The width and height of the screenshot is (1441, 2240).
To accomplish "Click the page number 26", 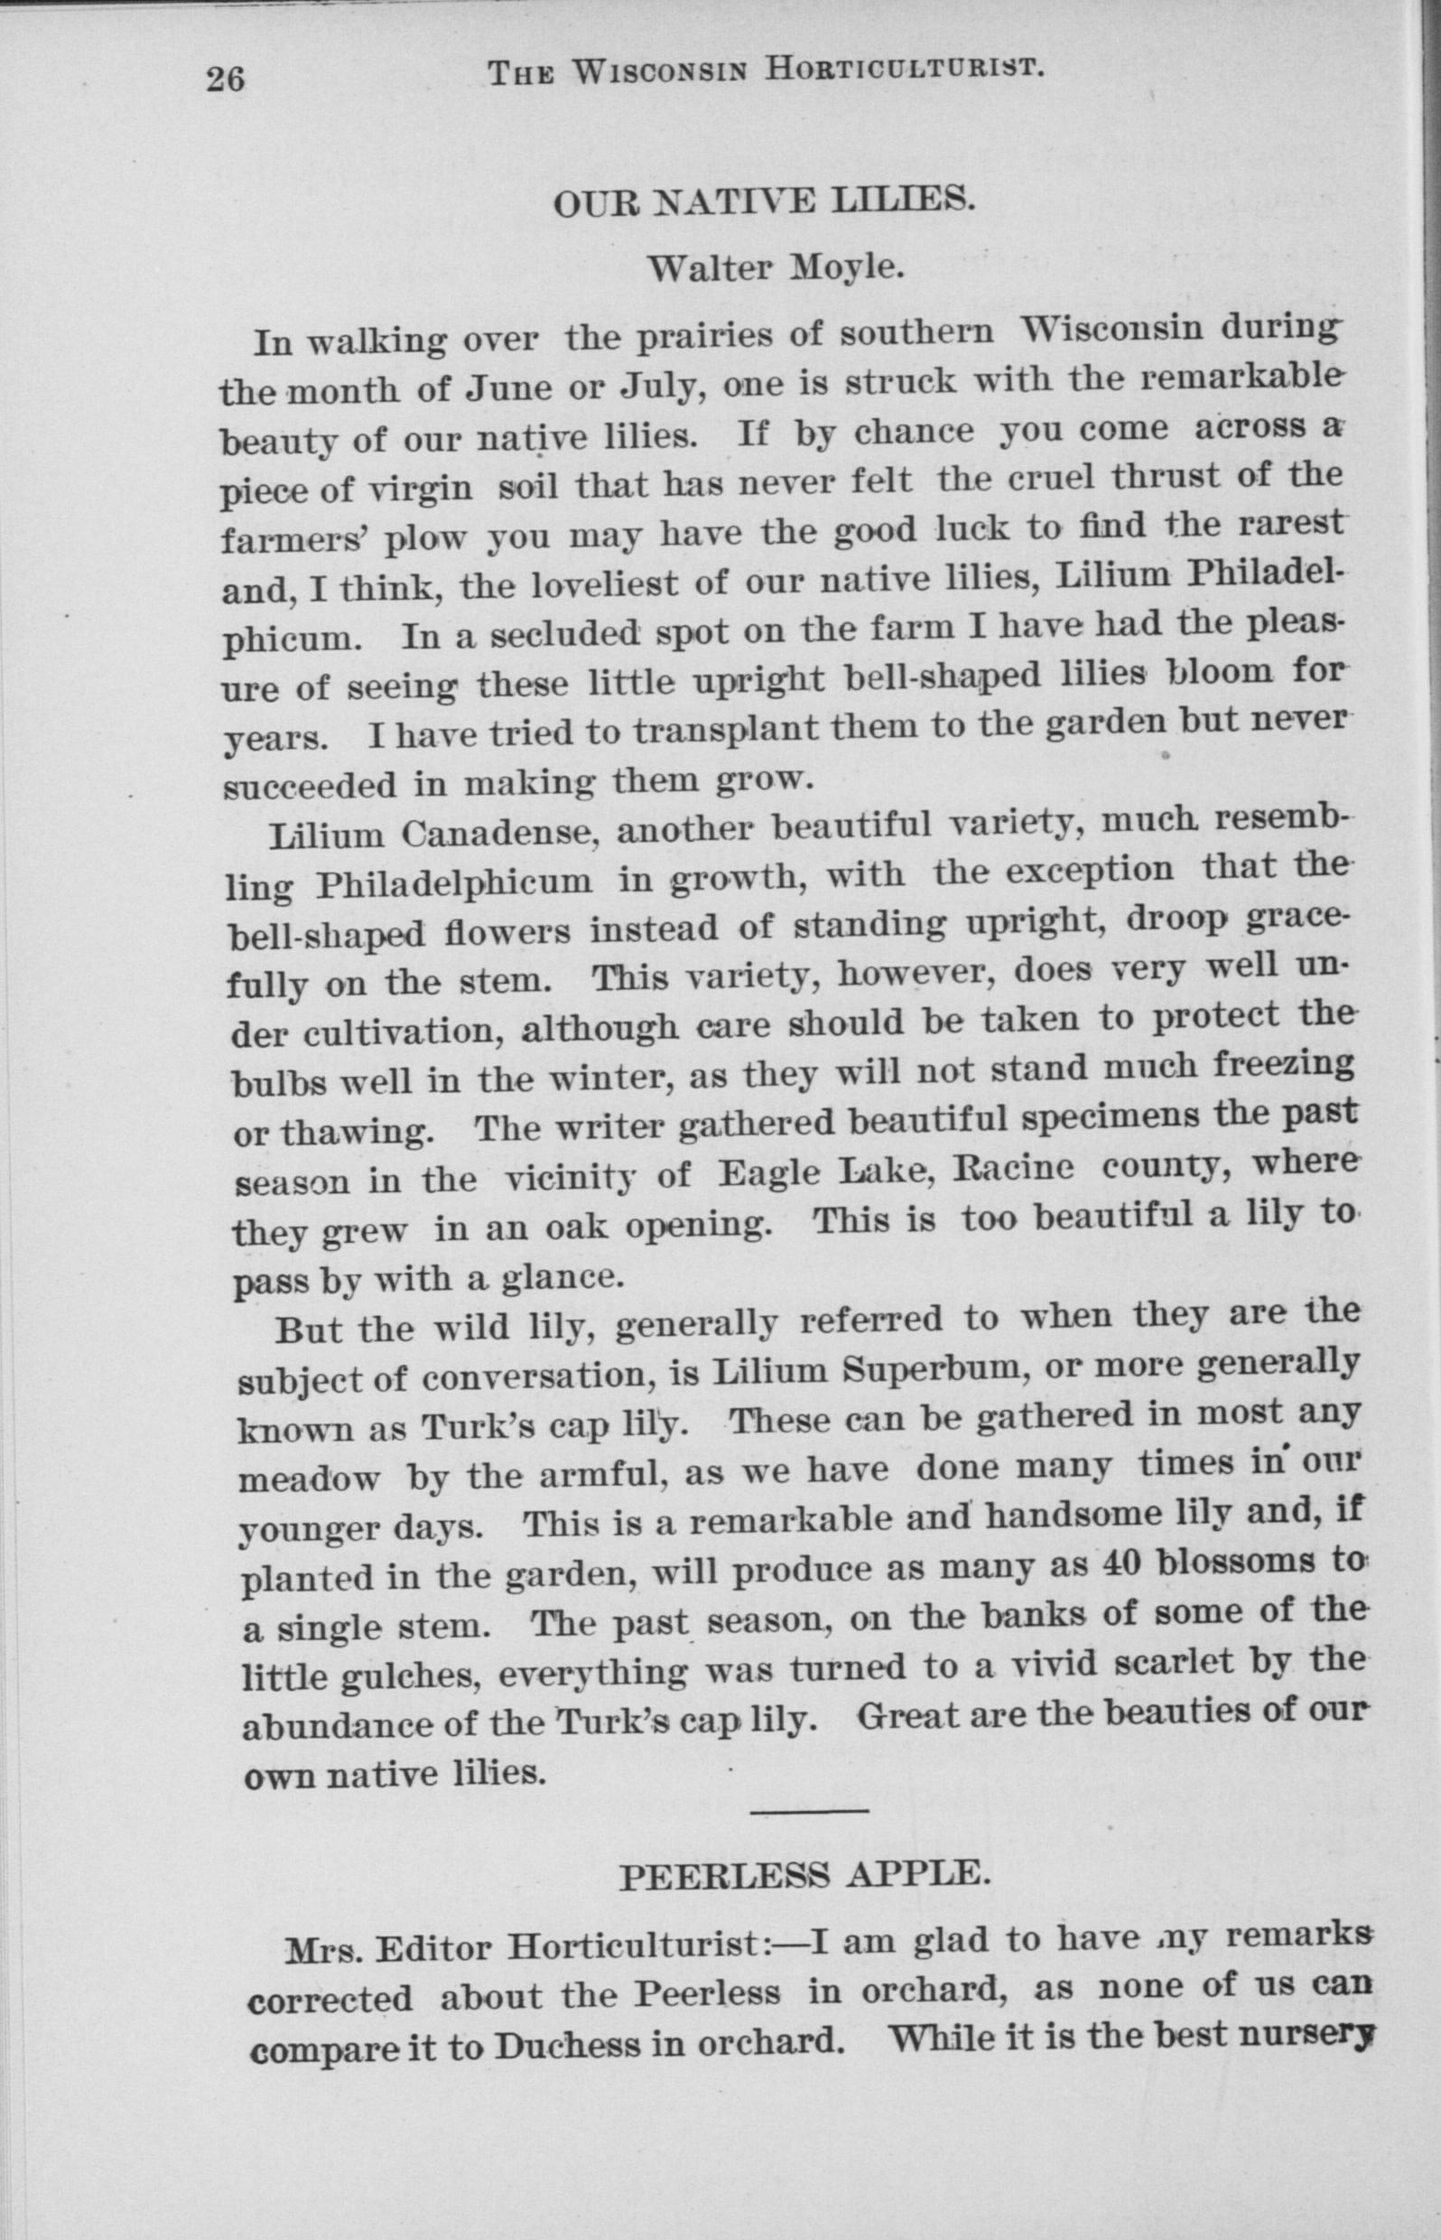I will click(x=225, y=79).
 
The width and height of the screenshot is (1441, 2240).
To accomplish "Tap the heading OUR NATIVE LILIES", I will click(x=765, y=201).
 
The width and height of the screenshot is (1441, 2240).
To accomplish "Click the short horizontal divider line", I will click(x=809, y=1811).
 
